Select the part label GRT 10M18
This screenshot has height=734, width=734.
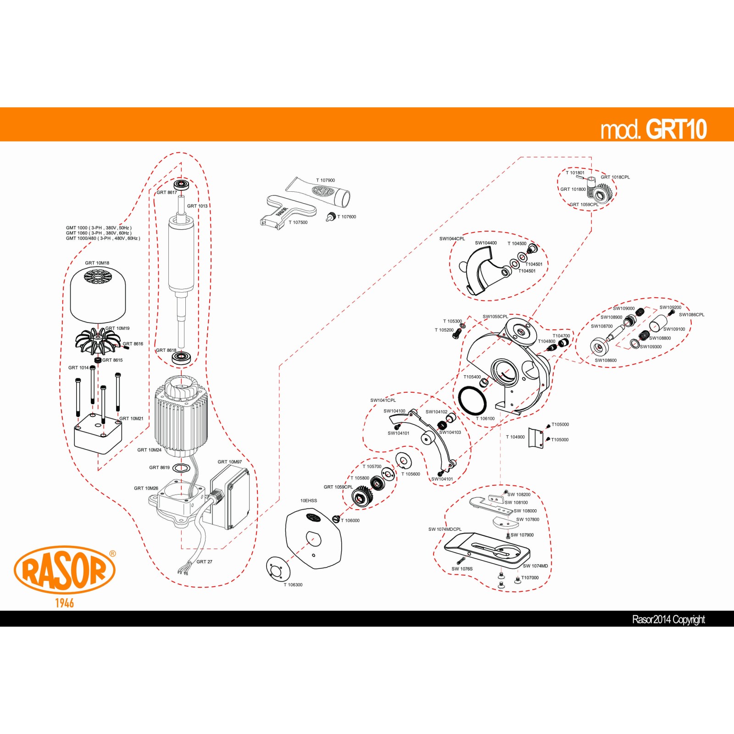97,263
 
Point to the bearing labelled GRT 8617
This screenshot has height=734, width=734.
182,185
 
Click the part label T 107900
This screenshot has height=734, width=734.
325,180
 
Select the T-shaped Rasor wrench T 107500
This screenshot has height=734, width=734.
288,212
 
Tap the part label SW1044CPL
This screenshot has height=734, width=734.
452,239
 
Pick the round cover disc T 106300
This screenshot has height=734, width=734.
278,569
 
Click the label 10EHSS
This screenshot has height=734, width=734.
308,500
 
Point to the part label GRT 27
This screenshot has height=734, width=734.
204,562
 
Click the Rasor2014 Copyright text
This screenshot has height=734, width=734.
668,620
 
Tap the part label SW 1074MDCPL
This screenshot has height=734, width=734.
445,529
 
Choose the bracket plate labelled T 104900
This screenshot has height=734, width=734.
535,438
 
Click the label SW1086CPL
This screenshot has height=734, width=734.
691,315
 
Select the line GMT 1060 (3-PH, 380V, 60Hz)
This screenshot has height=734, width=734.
99,233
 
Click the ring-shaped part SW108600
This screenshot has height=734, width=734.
599,347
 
